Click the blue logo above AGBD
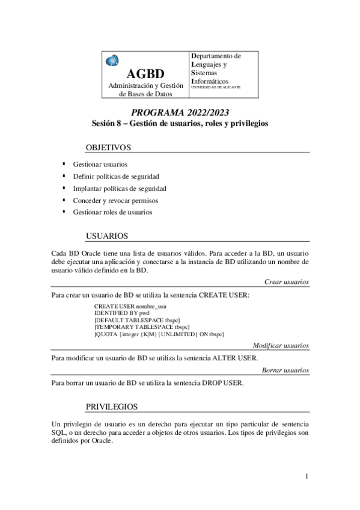click(x=112, y=60)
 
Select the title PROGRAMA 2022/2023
click(x=180, y=112)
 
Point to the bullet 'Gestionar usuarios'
click(x=100, y=164)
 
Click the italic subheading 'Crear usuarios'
click(x=286, y=281)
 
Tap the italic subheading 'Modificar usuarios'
click(x=281, y=346)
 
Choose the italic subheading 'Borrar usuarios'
click(x=285, y=370)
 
